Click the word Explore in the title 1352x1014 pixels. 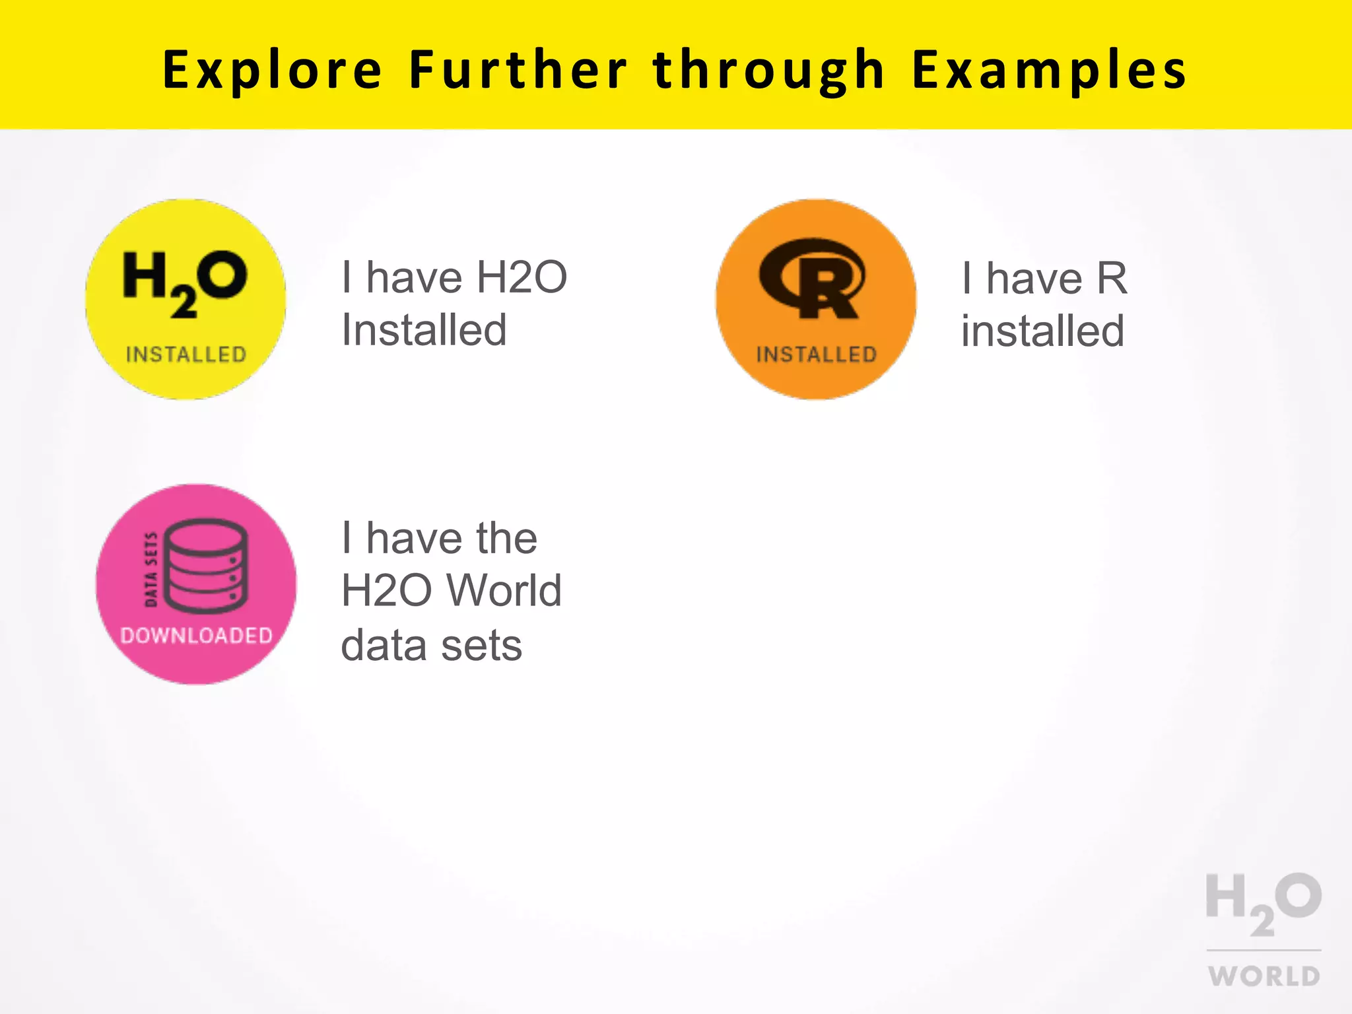pyautogui.click(x=272, y=70)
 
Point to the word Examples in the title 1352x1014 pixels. pyautogui.click(x=1049, y=70)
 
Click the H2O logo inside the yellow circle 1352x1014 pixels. pyautogui.click(x=185, y=283)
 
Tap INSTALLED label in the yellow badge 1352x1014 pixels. pyautogui.click(x=186, y=355)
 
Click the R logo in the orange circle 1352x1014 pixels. pyautogui.click(x=812, y=278)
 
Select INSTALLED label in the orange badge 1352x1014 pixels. pyautogui.click(x=817, y=355)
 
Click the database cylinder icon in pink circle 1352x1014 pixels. pyautogui.click(x=206, y=566)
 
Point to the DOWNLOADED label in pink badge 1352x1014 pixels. pyautogui.click(x=197, y=635)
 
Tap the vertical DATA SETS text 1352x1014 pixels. pyautogui.click(x=151, y=569)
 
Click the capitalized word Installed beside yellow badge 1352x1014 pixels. pyautogui.click(x=424, y=329)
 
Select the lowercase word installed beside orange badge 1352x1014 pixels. pyautogui.click(x=1042, y=331)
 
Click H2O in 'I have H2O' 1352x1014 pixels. pyautogui.click(x=522, y=277)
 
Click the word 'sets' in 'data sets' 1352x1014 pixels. pyautogui.click(x=481, y=645)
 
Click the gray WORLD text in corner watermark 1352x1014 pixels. pyautogui.click(x=1264, y=976)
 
